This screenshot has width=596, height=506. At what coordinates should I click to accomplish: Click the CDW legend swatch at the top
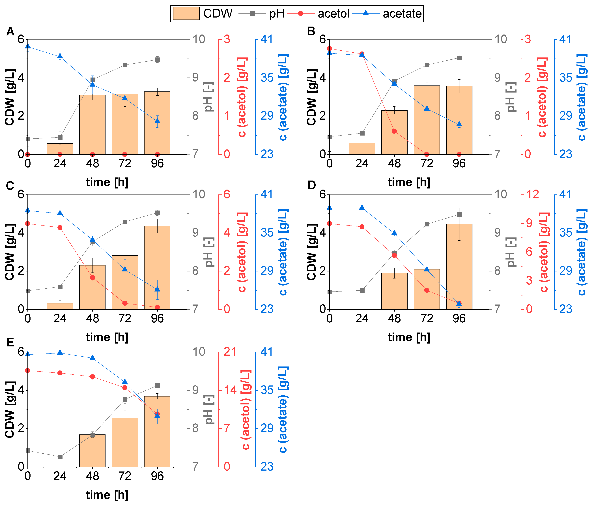(x=186, y=14)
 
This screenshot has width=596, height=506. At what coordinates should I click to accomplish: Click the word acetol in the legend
(x=333, y=14)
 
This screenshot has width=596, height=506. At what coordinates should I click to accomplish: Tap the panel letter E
(x=10, y=342)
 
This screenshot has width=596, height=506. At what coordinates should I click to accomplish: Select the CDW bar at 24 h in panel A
(x=60, y=149)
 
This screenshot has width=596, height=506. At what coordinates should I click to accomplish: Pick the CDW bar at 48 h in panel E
(x=92, y=451)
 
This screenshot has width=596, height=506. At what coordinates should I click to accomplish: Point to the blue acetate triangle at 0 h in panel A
(x=27, y=46)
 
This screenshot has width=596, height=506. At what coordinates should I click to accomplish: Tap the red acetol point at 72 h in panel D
(x=427, y=290)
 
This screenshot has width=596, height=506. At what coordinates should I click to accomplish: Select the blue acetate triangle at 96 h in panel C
(x=157, y=289)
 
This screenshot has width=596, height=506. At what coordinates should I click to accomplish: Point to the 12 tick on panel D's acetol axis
(x=532, y=194)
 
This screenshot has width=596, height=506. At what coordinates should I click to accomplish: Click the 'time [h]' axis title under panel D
(x=409, y=338)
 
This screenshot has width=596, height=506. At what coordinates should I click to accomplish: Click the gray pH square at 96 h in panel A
(x=157, y=60)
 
